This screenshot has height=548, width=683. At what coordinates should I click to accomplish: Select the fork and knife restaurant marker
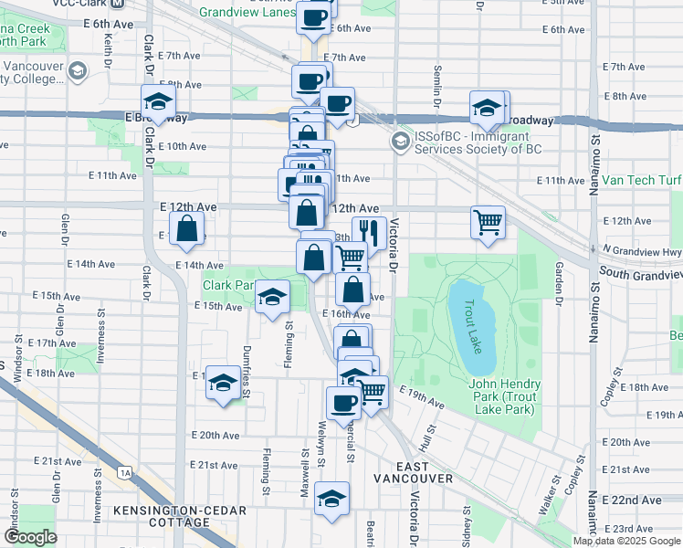pyautogui.click(x=366, y=234)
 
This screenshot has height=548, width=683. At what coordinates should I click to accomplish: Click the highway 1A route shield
pyautogui.click(x=125, y=471)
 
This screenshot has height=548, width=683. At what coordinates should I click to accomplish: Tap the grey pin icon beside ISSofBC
pyautogui.click(x=400, y=142)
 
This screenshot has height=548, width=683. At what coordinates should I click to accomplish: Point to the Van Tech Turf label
pyautogui.click(x=640, y=181)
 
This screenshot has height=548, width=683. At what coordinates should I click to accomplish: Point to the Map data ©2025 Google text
pyautogui.click(x=626, y=541)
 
